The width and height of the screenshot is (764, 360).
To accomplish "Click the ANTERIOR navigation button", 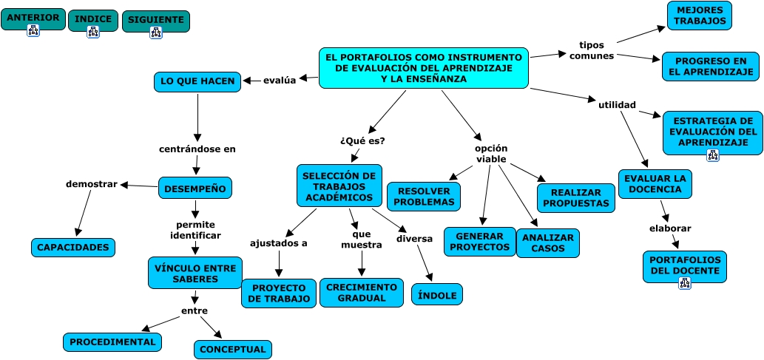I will tap(33, 18).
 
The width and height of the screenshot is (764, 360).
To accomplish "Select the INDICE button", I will tap(93, 18).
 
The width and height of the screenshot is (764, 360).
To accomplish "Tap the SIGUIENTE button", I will tap(155, 19).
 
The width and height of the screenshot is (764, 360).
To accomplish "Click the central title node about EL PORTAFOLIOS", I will tap(424, 67).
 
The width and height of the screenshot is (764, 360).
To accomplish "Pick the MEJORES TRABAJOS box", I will tap(699, 16).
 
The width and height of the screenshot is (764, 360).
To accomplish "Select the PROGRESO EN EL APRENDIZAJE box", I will tap(710, 67).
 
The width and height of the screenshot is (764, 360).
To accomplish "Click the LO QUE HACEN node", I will tap(197, 81).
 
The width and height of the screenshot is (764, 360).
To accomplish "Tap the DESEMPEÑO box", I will tap(195, 189).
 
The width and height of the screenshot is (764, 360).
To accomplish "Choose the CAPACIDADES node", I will tap(74, 248).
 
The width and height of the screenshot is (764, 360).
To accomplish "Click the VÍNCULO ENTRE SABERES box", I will tap(194, 274).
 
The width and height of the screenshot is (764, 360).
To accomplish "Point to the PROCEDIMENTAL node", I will tap(112, 342).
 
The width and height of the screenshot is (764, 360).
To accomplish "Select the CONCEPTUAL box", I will tap(233, 349).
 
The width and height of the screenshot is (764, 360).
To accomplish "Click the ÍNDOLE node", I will tap(437, 294).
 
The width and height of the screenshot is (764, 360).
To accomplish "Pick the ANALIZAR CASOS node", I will tap(548, 243).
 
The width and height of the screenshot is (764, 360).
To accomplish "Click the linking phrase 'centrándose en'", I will tap(197, 149).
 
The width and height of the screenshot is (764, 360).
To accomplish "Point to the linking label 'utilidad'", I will tap(617, 105).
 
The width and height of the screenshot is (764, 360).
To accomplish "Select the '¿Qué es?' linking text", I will tap(362, 140).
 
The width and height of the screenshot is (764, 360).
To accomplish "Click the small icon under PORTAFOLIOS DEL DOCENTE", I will tap(684, 282).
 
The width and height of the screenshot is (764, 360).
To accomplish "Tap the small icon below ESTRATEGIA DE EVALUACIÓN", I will tap(712, 155).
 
